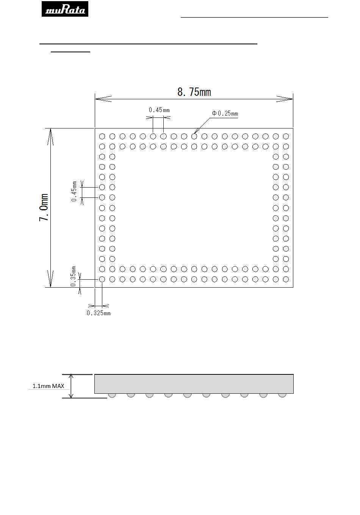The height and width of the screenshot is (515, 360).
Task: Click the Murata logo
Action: pos(65,9)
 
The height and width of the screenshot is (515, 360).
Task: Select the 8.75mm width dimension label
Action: pos(194,92)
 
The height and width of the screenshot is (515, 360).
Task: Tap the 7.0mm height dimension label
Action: pos(44,208)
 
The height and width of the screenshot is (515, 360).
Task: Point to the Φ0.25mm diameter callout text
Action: pos(225,113)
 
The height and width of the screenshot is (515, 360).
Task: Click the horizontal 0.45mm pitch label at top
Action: pos(159,110)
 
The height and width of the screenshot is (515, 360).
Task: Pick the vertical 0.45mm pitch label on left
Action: pos(74,191)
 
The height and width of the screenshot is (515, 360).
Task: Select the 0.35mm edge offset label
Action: pos(73,276)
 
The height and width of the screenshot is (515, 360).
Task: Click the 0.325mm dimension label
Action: pos(99,313)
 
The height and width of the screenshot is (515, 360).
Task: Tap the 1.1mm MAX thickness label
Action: pos(48,386)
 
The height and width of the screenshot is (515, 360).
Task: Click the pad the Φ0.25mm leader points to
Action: pos(194,136)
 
